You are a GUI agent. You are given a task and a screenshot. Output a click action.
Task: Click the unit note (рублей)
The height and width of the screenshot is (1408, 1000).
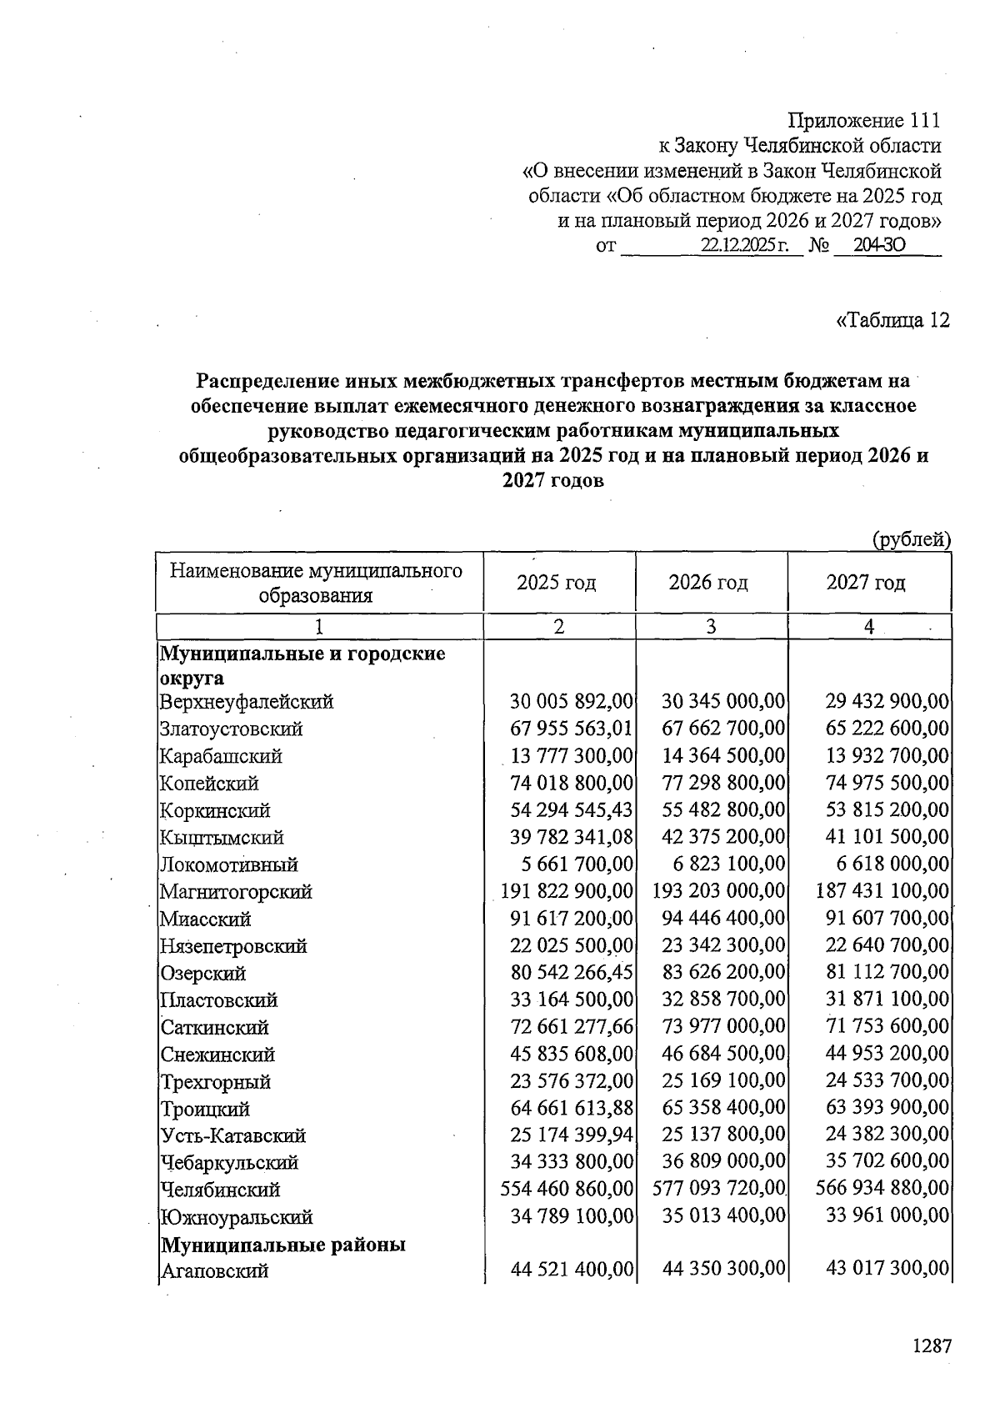[x=911, y=539]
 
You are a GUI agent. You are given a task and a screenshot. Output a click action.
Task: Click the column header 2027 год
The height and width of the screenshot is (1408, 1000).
[x=866, y=582]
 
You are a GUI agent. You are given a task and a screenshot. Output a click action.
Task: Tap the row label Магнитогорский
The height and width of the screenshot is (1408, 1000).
[x=236, y=892]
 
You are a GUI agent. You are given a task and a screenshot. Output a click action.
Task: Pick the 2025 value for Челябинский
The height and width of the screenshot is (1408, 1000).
[x=567, y=1190]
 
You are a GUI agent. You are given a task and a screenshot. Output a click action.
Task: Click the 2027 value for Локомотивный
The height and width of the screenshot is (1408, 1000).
[x=887, y=864]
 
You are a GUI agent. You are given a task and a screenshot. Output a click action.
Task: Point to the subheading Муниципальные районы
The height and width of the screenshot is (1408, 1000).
[x=283, y=1245]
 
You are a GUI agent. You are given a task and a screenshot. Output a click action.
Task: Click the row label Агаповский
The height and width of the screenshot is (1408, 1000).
[x=214, y=1271]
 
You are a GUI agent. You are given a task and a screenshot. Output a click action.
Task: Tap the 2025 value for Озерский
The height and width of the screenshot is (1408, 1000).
[x=572, y=973]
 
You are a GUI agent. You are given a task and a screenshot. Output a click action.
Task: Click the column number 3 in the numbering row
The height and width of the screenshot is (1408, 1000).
[x=711, y=627]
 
